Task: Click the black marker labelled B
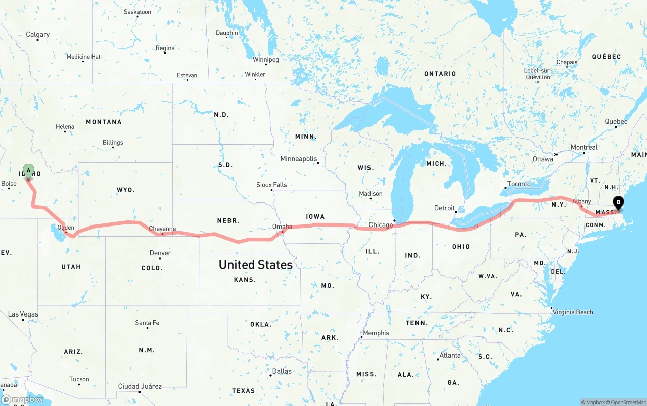(x=618, y=203)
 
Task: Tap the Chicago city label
(x=381, y=225)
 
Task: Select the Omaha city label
(x=282, y=227)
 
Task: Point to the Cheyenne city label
(x=162, y=229)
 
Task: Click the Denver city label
(x=160, y=253)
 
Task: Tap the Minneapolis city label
(x=298, y=159)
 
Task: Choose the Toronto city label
(x=519, y=184)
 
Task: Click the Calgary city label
(x=38, y=35)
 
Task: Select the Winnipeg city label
(x=266, y=60)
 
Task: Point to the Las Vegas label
(x=23, y=314)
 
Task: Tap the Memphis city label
(x=376, y=333)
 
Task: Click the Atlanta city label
(x=450, y=355)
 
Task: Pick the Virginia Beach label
(x=573, y=312)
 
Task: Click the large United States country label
(x=255, y=265)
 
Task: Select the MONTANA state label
(x=104, y=122)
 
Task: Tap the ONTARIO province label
(x=440, y=74)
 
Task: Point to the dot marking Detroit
(x=455, y=212)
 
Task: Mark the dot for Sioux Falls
(x=271, y=190)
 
